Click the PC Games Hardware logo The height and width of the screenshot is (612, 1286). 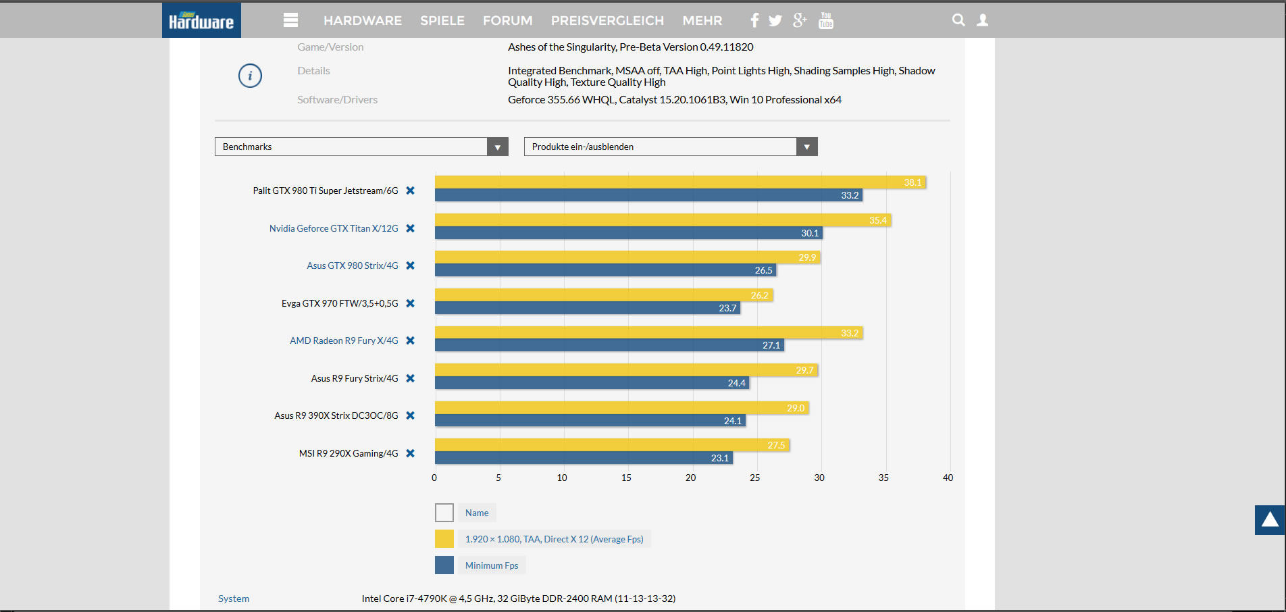[201, 20]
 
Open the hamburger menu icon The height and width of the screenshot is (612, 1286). [290, 20]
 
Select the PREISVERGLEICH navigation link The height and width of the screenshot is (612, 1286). [607, 21]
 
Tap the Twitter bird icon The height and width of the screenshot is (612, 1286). [775, 21]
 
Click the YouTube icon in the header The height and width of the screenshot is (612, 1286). [825, 20]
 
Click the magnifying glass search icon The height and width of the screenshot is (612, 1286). [958, 20]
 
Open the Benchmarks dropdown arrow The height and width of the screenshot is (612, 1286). [498, 147]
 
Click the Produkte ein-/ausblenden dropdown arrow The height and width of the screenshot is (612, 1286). [807, 147]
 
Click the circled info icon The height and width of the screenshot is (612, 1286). [250, 76]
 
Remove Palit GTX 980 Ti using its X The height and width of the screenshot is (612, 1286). [410, 190]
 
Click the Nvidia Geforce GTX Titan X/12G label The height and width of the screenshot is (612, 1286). [334, 228]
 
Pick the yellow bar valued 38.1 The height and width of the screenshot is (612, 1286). [680, 182]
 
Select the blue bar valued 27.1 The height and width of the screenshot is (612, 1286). [609, 345]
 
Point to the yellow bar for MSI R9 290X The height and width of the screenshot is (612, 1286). [612, 445]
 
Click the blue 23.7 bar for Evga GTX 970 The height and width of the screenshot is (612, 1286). [588, 308]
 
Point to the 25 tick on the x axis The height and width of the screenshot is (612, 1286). [755, 478]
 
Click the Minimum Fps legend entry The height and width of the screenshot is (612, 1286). [492, 565]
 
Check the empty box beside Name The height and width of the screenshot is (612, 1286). [444, 513]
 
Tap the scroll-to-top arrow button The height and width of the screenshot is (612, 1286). [1270, 520]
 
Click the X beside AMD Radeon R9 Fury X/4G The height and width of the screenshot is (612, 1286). [410, 340]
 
